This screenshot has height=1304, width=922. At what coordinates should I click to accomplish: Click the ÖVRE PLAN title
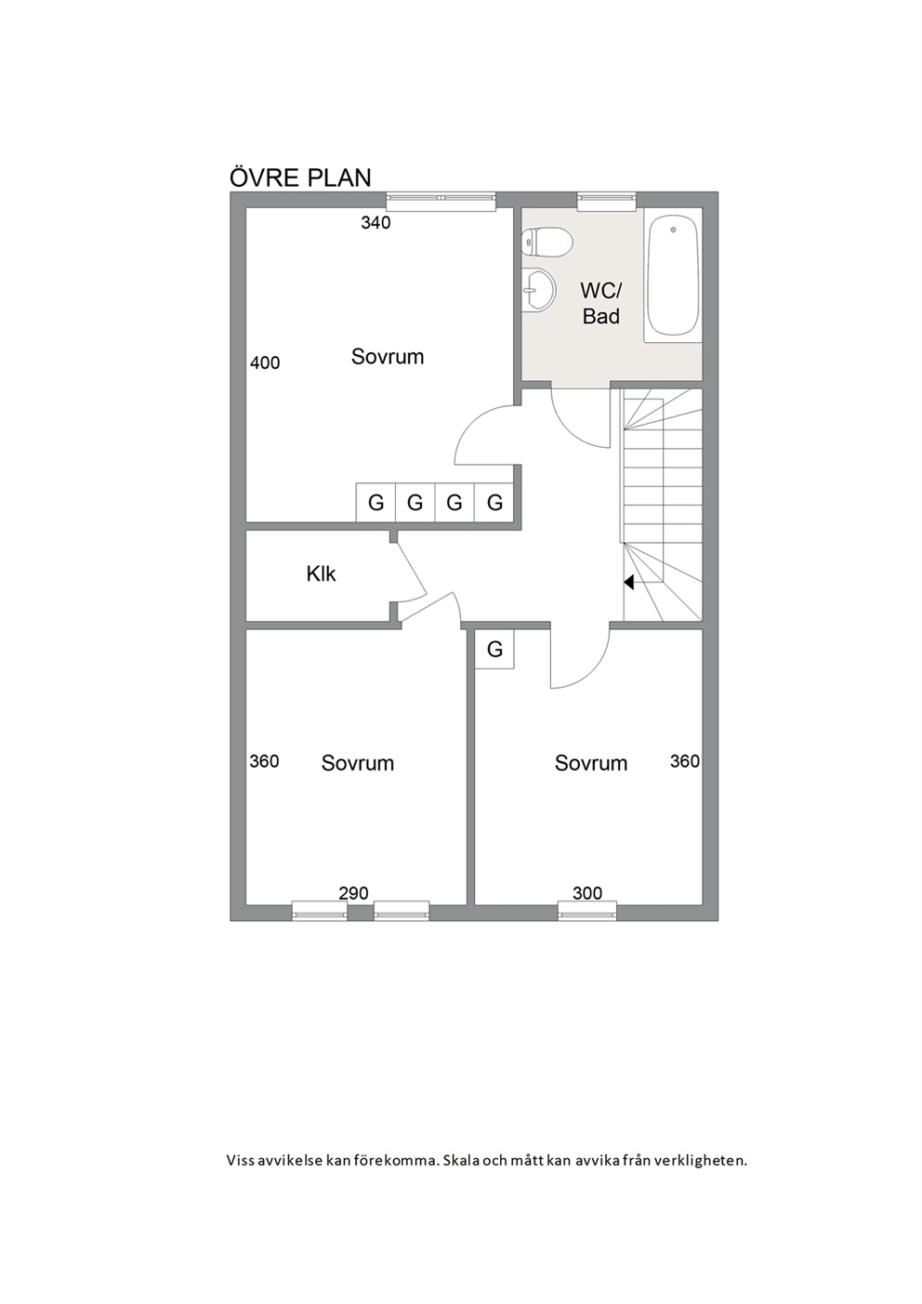300,178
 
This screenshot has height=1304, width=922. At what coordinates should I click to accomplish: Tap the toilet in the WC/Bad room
547,243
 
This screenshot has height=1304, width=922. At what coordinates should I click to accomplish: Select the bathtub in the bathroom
672,276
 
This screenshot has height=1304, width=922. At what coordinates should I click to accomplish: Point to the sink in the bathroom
539,291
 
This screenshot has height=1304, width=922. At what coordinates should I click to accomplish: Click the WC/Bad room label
601,303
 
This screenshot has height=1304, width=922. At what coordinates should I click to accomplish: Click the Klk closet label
321,574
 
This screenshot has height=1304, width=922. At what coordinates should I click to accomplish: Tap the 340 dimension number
375,222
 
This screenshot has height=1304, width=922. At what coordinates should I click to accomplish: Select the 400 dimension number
265,362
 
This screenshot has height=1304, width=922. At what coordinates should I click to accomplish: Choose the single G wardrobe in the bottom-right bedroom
494,649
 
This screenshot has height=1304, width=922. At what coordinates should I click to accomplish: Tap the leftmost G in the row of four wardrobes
376,502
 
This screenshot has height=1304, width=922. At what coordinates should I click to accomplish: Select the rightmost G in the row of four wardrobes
494,502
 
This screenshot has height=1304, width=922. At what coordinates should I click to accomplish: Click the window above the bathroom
606,200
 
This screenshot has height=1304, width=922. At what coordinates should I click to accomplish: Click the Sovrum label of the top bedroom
387,356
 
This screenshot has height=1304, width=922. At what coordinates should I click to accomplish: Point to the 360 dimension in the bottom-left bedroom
264,761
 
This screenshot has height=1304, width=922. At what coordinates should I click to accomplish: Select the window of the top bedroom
441,200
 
